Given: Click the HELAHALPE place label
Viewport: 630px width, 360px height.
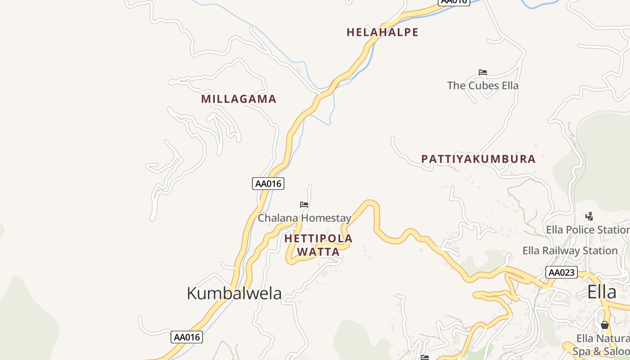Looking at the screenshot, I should [382, 32].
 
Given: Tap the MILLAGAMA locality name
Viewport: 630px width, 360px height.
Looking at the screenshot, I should [238, 99].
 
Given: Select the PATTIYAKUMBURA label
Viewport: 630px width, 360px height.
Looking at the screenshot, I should [478, 159].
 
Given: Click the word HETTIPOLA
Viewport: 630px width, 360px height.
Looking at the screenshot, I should [319, 238].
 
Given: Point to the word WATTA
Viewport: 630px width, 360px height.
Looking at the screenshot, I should [319, 252].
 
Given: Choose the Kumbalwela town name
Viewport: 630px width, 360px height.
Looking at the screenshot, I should [234, 293].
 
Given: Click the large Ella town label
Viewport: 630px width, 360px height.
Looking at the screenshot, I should [602, 292].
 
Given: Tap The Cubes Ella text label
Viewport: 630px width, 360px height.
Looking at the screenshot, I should [483, 85].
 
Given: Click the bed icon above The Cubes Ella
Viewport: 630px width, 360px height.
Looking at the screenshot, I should [483, 72].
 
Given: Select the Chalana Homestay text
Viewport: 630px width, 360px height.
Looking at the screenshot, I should [304, 218].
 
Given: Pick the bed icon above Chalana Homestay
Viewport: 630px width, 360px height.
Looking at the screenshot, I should [304, 205].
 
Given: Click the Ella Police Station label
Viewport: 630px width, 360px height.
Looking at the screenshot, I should [588, 230].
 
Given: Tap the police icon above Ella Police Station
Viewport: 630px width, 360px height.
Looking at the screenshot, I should [589, 216].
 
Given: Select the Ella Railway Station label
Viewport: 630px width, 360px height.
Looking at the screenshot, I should [570, 251].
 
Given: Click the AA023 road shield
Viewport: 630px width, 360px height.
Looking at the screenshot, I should [561, 272].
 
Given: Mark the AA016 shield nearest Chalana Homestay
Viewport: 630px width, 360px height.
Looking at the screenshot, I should [268, 184].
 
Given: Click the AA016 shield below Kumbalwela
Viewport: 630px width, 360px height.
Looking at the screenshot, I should [187, 337].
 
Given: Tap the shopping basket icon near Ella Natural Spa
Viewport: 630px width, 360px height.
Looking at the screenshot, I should [604, 325].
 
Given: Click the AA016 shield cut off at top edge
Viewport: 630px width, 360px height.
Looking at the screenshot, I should [454, 2].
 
